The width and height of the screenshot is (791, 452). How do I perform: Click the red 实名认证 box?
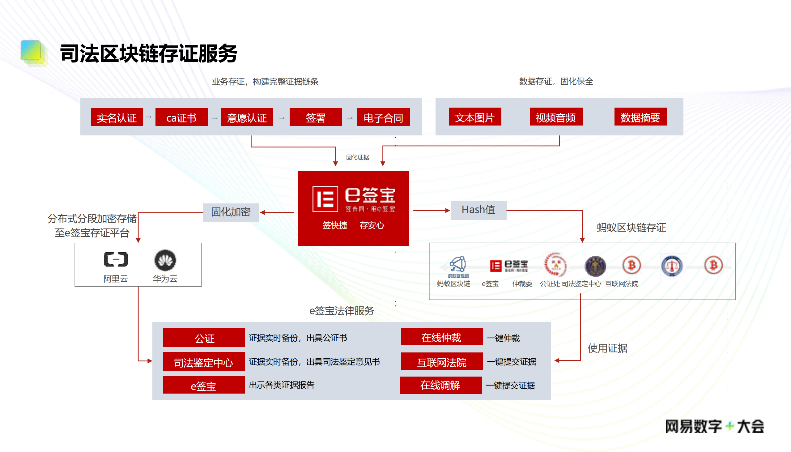117,117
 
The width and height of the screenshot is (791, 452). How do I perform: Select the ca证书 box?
181,117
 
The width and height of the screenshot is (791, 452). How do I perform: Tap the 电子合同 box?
383,117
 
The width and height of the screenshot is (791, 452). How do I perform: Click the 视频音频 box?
556,117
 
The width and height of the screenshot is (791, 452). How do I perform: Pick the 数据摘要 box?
640,117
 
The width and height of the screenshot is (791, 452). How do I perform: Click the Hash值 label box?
478,210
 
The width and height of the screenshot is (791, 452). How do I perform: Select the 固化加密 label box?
231,212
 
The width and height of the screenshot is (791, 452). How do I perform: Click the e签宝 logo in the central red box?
353,199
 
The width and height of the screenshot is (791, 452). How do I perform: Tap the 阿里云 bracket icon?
116,259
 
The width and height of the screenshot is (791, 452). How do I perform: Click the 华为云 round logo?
165,260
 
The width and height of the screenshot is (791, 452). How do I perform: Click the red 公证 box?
204,338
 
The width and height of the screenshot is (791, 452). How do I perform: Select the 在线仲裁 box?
441,337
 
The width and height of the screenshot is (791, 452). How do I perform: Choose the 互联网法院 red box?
441,362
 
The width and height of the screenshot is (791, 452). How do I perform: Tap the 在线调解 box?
440,385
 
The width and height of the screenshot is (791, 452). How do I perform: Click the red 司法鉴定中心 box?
204,362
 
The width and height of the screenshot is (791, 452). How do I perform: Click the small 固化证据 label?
358,157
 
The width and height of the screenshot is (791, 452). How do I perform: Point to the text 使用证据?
607,348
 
